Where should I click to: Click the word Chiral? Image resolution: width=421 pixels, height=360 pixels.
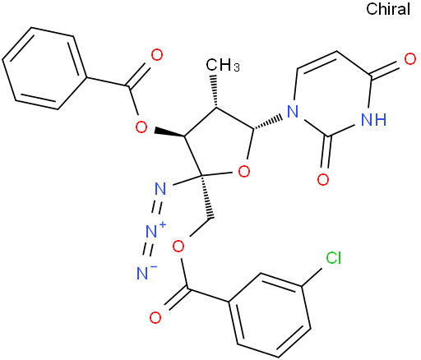(x=388, y=9)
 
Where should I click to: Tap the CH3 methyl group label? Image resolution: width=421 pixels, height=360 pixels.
(x=223, y=66)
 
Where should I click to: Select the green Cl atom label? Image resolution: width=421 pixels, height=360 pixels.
(x=333, y=258)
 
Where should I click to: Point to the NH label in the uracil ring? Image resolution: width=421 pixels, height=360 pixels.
(x=374, y=119)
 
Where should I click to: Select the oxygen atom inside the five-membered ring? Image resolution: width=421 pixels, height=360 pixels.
(x=244, y=172)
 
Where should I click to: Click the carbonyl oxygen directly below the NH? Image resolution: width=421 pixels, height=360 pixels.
(x=323, y=179)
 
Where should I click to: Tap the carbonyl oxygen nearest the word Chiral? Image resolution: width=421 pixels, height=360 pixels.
(x=410, y=59)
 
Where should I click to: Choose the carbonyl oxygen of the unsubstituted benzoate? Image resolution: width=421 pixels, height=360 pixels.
(x=157, y=55)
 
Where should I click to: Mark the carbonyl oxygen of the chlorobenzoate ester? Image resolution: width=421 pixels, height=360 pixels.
(x=155, y=318)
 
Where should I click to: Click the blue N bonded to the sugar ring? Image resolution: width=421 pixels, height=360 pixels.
(x=293, y=112)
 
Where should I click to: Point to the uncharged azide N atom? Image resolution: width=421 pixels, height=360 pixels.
(x=160, y=188)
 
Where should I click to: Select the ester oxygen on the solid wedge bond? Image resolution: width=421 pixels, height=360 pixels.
(x=141, y=127)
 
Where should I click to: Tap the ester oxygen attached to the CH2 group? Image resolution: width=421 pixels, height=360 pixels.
(x=178, y=247)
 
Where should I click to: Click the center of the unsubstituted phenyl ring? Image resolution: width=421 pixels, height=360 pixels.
(x=44, y=68)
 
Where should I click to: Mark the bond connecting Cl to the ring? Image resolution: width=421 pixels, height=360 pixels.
(x=312, y=277)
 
